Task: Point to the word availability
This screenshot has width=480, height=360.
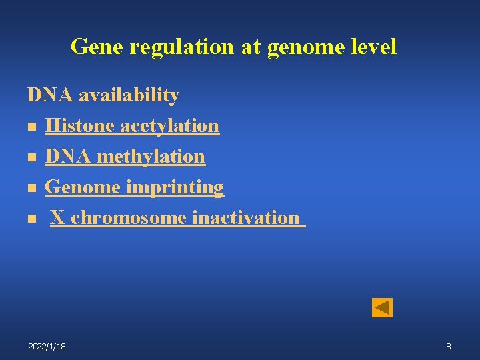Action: click(x=129, y=95)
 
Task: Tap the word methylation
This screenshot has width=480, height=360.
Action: click(x=151, y=157)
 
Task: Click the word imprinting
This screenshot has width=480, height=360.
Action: click(x=175, y=187)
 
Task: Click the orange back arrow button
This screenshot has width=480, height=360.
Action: click(x=382, y=307)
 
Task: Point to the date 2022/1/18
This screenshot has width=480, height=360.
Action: click(x=47, y=346)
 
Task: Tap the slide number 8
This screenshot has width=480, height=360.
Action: click(x=449, y=346)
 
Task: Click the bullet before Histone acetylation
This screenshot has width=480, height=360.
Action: click(x=31, y=127)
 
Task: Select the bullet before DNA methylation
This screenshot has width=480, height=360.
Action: click(x=31, y=157)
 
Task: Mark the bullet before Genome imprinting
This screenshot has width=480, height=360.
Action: click(x=31, y=188)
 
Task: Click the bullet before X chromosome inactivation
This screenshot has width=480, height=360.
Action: click(x=31, y=219)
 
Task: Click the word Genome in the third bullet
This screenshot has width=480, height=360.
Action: click(x=83, y=187)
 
